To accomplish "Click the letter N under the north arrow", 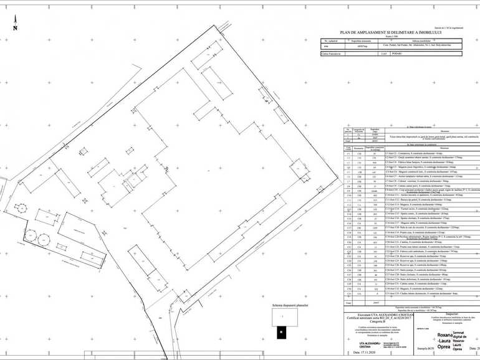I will point(15,28).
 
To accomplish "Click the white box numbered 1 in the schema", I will point(282,317).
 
